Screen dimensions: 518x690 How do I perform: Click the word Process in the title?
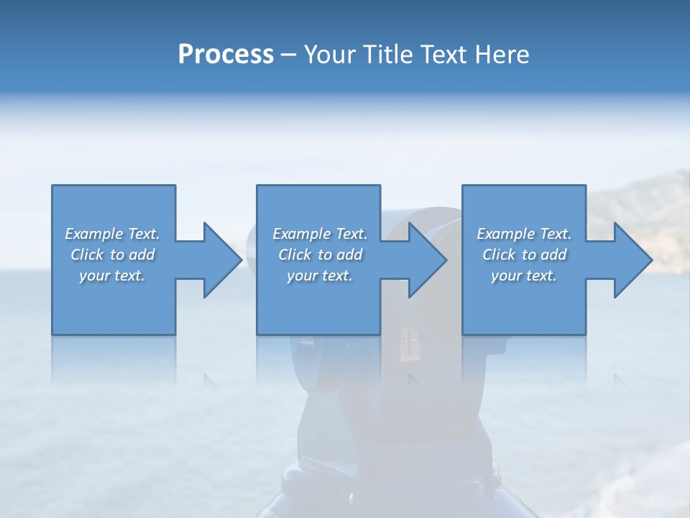[x=226, y=55]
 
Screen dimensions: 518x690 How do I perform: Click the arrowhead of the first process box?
[x=221, y=260]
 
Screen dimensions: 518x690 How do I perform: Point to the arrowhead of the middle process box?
[x=427, y=260]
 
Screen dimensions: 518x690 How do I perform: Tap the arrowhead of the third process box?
[x=632, y=260]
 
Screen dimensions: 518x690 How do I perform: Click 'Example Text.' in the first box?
[x=112, y=234]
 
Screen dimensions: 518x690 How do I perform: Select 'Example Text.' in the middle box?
[x=320, y=234]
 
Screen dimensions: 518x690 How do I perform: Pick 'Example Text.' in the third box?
[x=524, y=234]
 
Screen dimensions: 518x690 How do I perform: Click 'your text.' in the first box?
[x=112, y=276]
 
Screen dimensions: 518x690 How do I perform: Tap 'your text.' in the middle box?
[x=320, y=276]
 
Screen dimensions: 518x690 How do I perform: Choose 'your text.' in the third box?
[x=524, y=276]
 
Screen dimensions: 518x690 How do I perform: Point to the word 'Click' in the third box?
[x=499, y=255]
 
